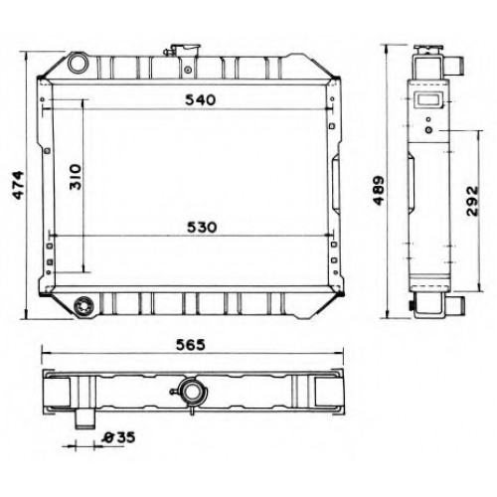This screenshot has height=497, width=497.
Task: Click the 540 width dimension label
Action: click(200, 99)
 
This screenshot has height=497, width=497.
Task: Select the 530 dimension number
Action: click(202, 228)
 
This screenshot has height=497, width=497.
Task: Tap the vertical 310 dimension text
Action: click(76, 177)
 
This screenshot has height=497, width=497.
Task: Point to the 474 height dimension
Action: click(18, 185)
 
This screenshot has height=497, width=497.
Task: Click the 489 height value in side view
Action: click(378, 191)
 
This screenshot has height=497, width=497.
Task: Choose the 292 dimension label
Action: click(472, 201)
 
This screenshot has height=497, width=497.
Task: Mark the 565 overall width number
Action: click(191, 345)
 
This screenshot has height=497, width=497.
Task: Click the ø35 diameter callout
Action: click(118, 437)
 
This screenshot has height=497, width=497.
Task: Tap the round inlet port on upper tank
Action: click(77, 64)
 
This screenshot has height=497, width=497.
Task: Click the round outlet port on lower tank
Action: click(83, 305)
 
